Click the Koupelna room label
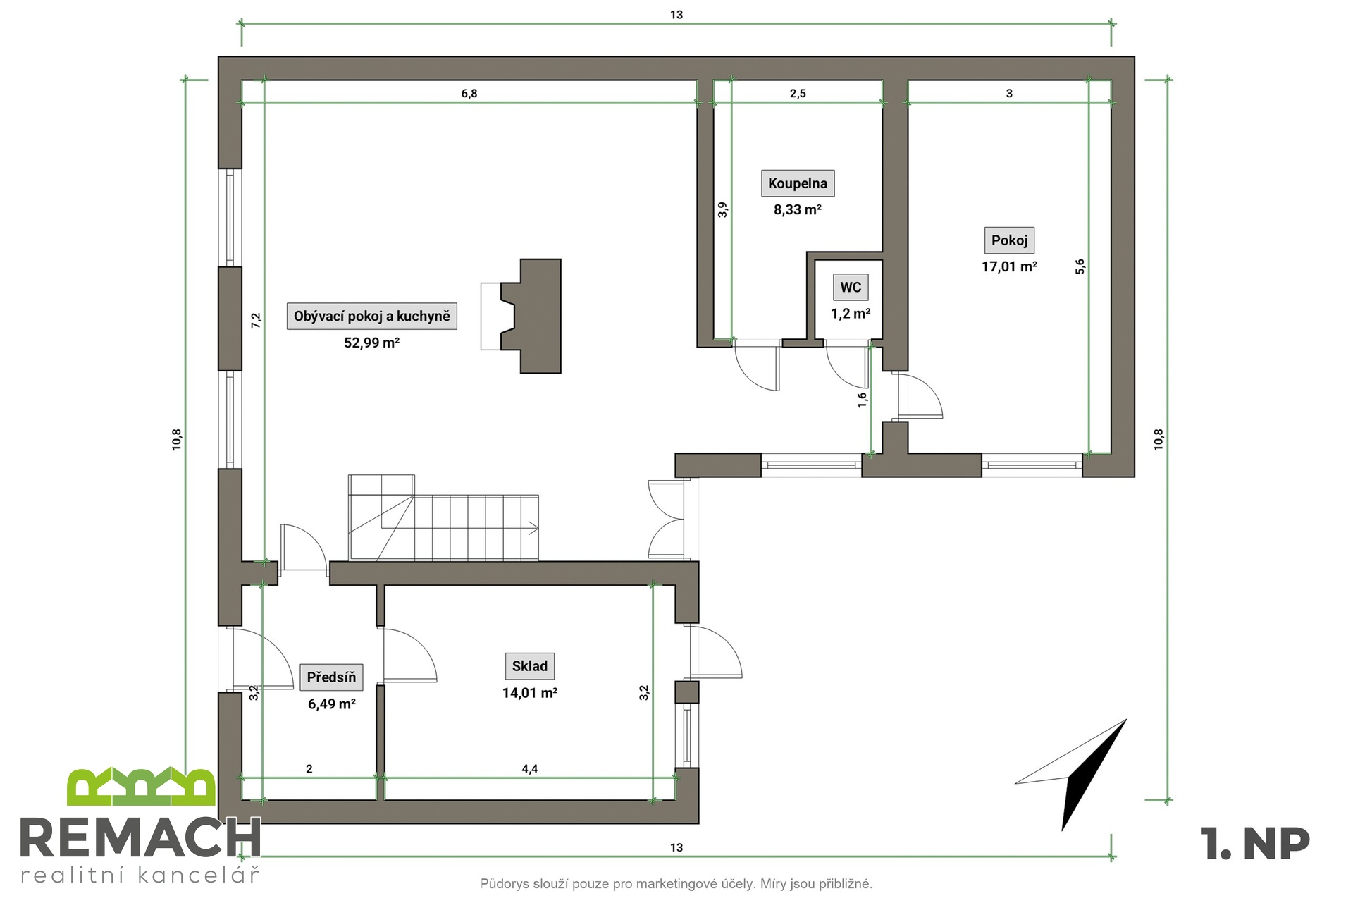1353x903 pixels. pyautogui.click(x=798, y=183)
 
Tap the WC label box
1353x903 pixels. pyautogui.click(x=851, y=287)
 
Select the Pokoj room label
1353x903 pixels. pyautogui.click(x=1009, y=240)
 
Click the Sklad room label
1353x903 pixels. pyautogui.click(x=529, y=666)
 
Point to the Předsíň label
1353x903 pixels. pyautogui.click(x=331, y=677)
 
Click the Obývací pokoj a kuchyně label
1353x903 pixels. pyautogui.click(x=371, y=316)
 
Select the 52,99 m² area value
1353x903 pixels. pyautogui.click(x=371, y=343)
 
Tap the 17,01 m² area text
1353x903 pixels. pyautogui.click(x=1009, y=267)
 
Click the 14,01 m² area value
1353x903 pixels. pyautogui.click(x=529, y=693)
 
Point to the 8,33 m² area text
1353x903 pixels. pyautogui.click(x=798, y=210)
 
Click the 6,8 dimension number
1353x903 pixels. pyautogui.click(x=469, y=94)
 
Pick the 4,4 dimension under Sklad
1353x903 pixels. pyautogui.click(x=529, y=769)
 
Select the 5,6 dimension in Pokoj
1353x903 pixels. pyautogui.click(x=1080, y=266)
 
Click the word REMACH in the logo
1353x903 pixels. pyautogui.click(x=140, y=839)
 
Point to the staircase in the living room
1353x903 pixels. pyautogui.click(x=444, y=518)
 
